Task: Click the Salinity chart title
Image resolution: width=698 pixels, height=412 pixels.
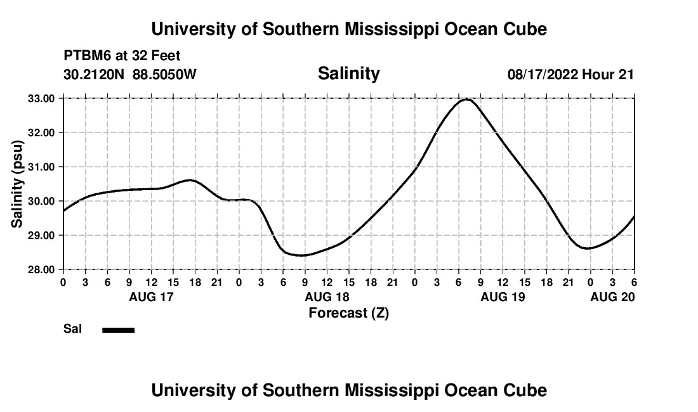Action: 348,74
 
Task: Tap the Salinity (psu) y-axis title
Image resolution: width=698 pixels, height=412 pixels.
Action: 17,184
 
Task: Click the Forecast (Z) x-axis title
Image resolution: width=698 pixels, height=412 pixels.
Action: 348,312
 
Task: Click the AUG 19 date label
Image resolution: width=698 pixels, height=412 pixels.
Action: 503,297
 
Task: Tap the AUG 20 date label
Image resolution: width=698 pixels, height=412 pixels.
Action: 612,297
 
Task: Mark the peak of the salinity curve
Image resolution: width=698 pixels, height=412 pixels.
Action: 467,99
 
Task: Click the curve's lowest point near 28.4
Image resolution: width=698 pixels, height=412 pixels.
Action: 303,255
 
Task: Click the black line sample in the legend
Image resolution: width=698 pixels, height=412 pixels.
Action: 118,330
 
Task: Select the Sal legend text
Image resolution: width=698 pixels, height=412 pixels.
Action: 71,330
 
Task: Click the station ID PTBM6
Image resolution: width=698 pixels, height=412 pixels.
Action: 86,56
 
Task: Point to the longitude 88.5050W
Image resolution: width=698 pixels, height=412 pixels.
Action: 164,75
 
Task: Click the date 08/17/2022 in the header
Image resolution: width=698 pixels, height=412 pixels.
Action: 543,75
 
